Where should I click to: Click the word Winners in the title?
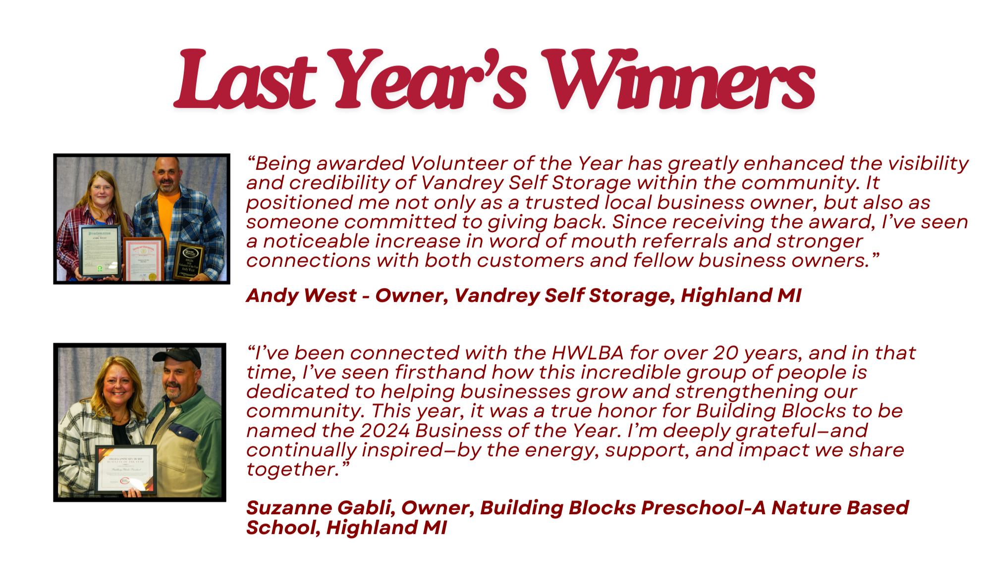pyautogui.click(x=678, y=79)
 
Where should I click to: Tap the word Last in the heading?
pyautogui.click(x=245, y=79)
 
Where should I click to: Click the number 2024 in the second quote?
pyautogui.click(x=385, y=431)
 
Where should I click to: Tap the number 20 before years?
pyautogui.click(x=726, y=353)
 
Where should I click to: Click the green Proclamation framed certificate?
pyautogui.click(x=100, y=251)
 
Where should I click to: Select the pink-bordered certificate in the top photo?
pyautogui.click(x=143, y=259)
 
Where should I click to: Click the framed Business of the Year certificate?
pyautogui.click(x=126, y=469)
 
